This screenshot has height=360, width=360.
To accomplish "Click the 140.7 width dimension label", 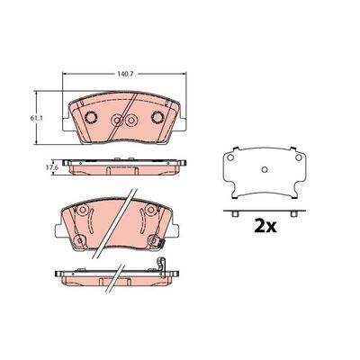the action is [x=124, y=73].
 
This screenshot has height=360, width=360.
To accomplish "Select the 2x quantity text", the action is [x=265, y=227].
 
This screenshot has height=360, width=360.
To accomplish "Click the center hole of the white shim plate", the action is [x=265, y=170].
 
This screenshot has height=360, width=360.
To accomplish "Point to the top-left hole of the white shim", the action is [x=230, y=157].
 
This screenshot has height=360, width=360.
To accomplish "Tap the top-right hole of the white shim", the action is [x=298, y=157].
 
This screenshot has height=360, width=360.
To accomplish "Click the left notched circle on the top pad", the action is [x=91, y=117].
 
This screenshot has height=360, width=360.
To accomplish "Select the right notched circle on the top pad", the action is [x=157, y=117].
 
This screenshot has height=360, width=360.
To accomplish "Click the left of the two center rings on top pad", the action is [x=117, y=121].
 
